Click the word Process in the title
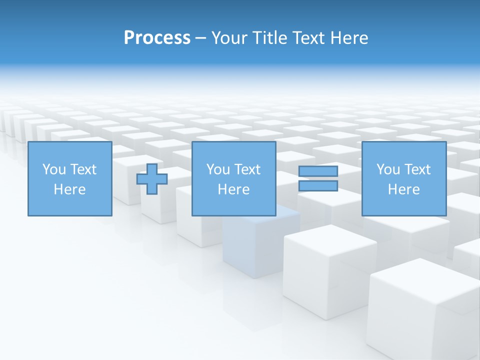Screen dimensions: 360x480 (157, 38)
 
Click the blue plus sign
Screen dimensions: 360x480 (152, 178)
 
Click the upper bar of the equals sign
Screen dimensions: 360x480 (318, 171)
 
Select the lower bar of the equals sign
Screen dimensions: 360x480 (318, 185)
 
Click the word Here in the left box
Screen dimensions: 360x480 (69, 189)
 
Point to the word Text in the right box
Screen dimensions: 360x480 (417, 169)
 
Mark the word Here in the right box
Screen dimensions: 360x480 (403, 189)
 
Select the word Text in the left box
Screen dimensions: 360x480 (83, 169)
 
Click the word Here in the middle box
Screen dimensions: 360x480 (233, 189)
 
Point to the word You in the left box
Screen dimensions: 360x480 (54, 169)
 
